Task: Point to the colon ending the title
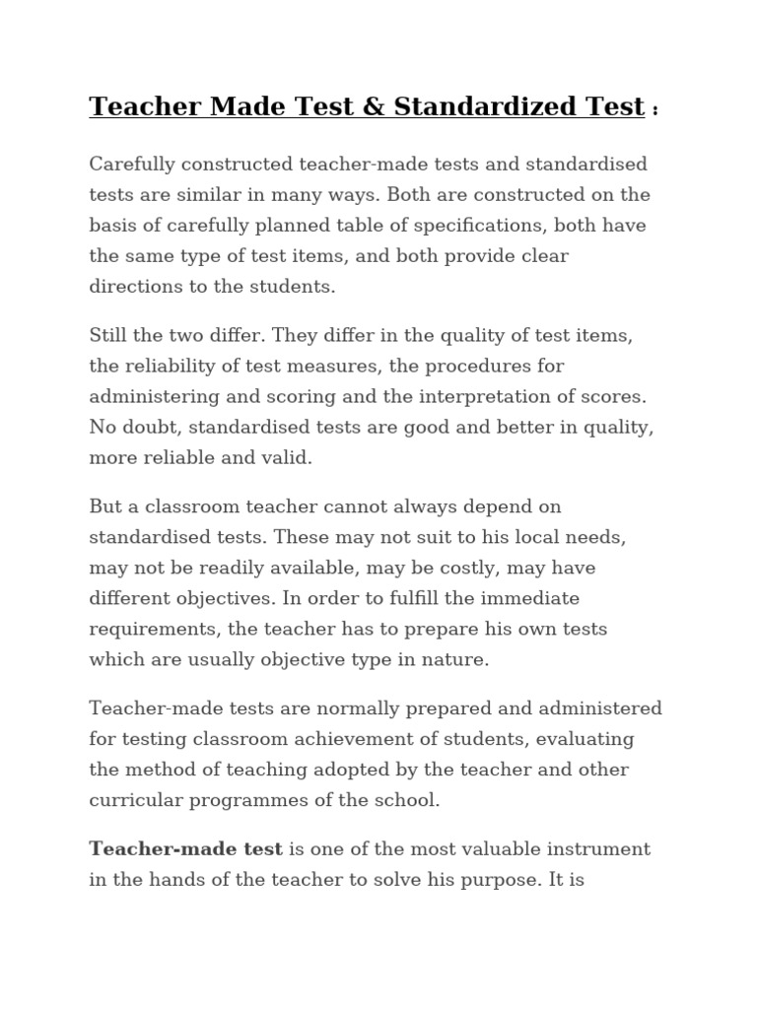(x=655, y=110)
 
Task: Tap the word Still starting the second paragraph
(x=111, y=335)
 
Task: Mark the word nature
(x=457, y=659)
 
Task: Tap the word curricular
(x=132, y=800)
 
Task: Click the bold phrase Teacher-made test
(x=186, y=848)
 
